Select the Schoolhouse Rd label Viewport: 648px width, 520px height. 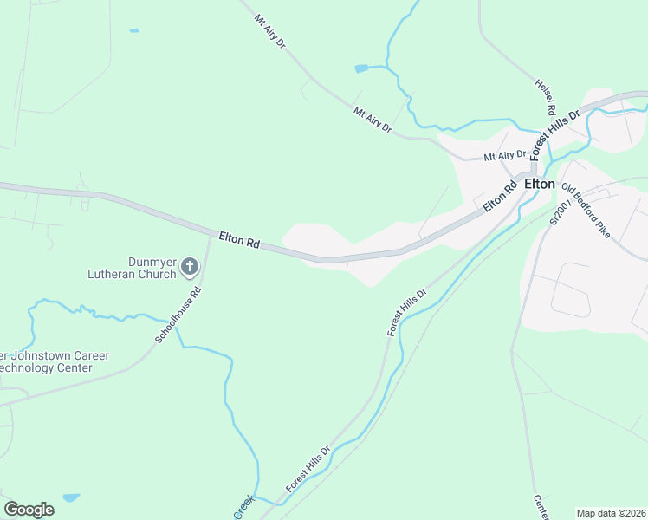[178, 315]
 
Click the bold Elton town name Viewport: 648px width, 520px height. [539, 184]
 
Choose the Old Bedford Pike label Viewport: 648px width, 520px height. [587, 211]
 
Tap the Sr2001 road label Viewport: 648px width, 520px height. [555, 211]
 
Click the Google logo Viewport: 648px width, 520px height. [29, 510]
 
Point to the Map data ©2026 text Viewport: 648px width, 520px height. [610, 512]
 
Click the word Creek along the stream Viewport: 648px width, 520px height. [243, 507]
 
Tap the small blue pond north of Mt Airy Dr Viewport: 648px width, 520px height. [361, 68]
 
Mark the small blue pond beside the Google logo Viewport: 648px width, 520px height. [71, 498]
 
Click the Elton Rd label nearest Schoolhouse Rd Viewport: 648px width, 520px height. [239, 240]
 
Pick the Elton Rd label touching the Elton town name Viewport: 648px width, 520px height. [500, 196]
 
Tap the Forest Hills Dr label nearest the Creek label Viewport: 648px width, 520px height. [308, 469]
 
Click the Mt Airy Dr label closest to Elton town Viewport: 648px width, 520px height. [505, 156]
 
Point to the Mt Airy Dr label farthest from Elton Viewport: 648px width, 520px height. [269, 30]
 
